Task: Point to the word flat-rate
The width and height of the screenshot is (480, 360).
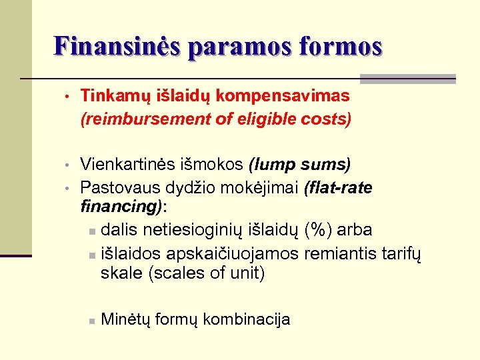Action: (x=339, y=188)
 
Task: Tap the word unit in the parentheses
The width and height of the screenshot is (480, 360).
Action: (x=247, y=273)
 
